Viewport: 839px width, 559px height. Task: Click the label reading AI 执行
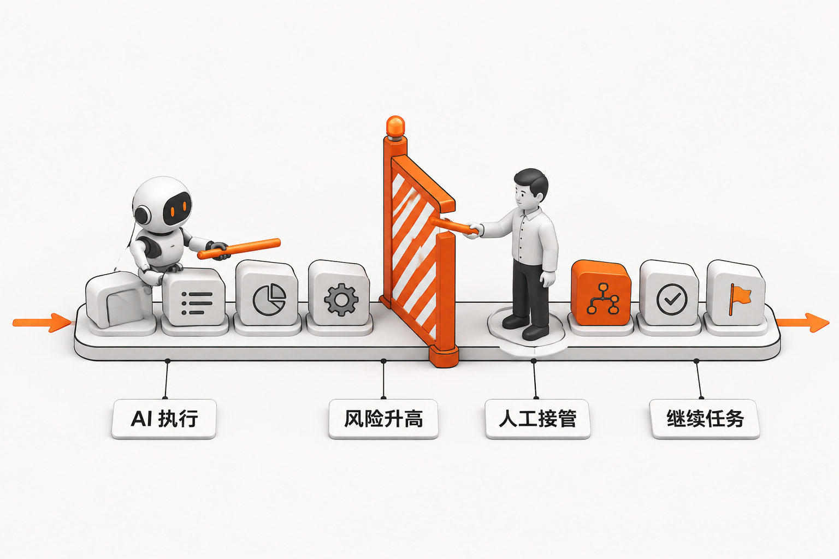[x=164, y=419]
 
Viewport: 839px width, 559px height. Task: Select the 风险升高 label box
[x=383, y=419]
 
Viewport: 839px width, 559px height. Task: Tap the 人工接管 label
[x=537, y=419]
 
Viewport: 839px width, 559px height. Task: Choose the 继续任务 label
[x=706, y=419]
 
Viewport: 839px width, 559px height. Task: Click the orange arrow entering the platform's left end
[x=42, y=323]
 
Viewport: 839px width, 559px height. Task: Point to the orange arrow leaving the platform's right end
[x=802, y=323]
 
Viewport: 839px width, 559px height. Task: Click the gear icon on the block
[x=341, y=300]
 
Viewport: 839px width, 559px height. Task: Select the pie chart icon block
[x=267, y=293]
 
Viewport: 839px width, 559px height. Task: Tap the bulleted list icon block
[x=194, y=298]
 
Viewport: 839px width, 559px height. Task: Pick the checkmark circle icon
[x=672, y=299]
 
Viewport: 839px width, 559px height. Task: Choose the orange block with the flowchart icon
[x=601, y=293]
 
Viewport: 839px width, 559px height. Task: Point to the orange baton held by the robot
[x=239, y=248]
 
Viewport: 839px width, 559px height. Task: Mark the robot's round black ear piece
[x=143, y=215]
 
